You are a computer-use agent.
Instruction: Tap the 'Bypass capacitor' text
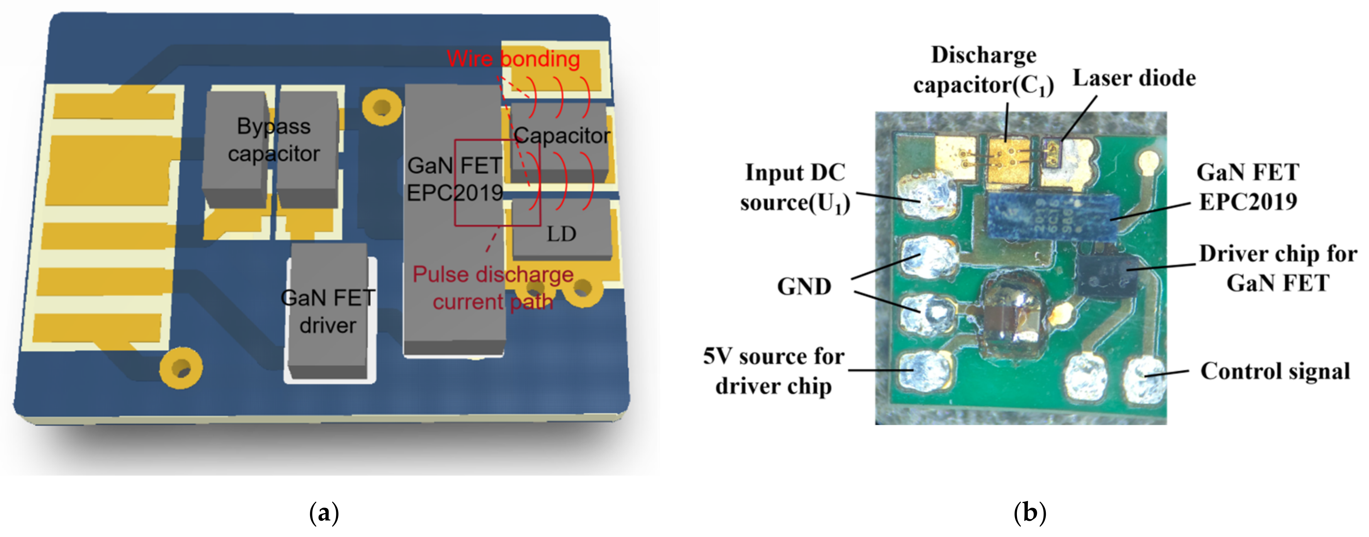274,140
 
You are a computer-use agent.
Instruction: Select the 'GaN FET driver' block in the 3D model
328,311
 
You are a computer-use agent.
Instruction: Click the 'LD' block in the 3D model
562,233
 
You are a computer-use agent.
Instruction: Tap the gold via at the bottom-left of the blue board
181,367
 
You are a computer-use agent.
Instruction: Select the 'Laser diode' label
1134,78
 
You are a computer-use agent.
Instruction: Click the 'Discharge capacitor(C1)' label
983,70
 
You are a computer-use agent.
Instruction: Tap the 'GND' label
804,287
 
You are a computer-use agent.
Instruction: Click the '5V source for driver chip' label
774,371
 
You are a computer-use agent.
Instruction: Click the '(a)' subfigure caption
324,513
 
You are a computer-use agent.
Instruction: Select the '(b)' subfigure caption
1030,513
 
